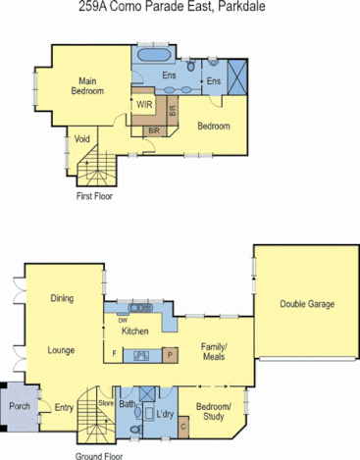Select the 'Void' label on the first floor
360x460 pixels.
(x=81, y=139)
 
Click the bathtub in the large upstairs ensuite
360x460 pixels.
(x=156, y=53)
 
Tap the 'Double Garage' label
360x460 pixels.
(x=306, y=304)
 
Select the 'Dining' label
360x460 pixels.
(x=63, y=299)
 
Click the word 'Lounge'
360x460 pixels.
(x=61, y=349)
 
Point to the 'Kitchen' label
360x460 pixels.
(x=134, y=332)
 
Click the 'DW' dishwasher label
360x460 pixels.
(x=123, y=320)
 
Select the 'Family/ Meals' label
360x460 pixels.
(x=214, y=352)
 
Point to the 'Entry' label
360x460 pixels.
(x=64, y=408)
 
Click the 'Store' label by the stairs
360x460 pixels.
(x=107, y=402)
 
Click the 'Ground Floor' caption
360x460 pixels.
(x=100, y=455)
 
